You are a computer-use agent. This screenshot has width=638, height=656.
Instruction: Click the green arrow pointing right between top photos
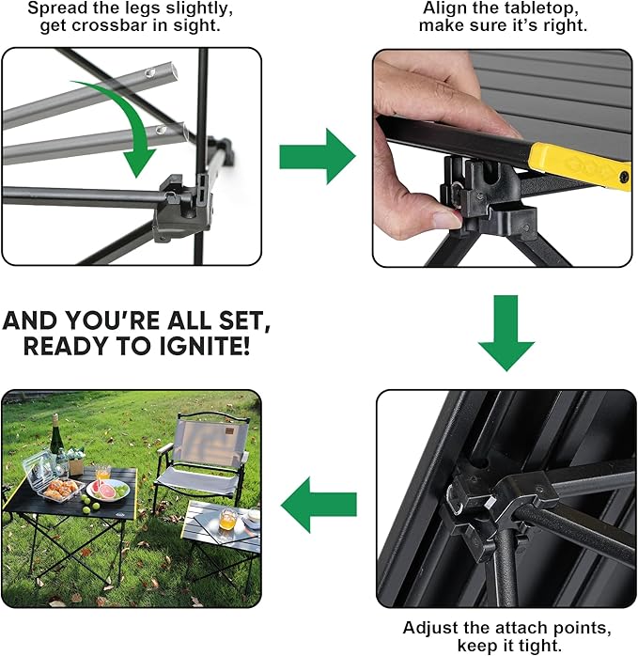point(317,156)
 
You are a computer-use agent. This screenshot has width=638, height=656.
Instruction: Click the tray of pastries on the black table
point(61,490)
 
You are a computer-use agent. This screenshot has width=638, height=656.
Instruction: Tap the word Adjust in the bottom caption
point(428,627)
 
